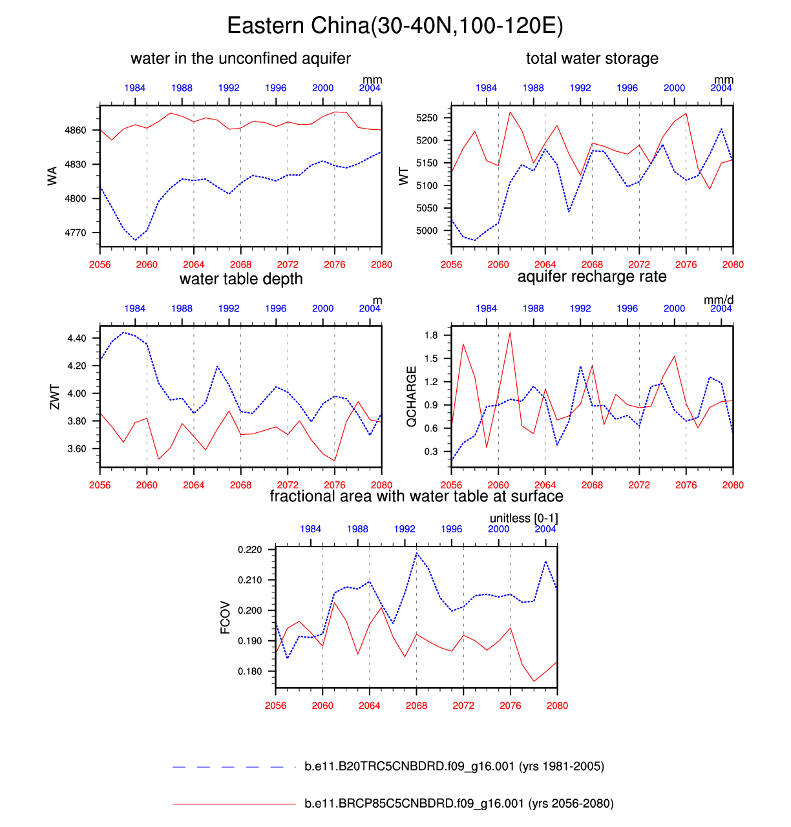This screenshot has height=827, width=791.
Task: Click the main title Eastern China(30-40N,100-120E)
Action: [x=395, y=26]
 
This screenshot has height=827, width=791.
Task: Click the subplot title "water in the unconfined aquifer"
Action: [x=240, y=59]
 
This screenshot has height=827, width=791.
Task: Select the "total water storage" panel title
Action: [x=592, y=59]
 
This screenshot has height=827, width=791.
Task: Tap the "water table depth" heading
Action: [x=241, y=279]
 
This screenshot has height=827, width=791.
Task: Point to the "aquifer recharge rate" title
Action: [x=592, y=277]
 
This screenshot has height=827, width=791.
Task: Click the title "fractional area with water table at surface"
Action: [x=416, y=496]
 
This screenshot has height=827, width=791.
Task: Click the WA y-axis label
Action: [x=52, y=175]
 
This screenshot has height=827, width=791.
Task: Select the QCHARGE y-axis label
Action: [x=412, y=397]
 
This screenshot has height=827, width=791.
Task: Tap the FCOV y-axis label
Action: [x=226, y=617]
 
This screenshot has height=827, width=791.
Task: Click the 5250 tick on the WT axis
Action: [x=427, y=118]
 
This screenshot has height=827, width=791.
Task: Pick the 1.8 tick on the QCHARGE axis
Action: [x=431, y=335]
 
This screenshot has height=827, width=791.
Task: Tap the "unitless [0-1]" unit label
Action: [x=523, y=518]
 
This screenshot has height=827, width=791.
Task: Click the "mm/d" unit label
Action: [x=719, y=300]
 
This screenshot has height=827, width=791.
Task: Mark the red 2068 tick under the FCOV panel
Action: [x=416, y=706]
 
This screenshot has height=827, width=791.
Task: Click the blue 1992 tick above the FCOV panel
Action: [x=405, y=529]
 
